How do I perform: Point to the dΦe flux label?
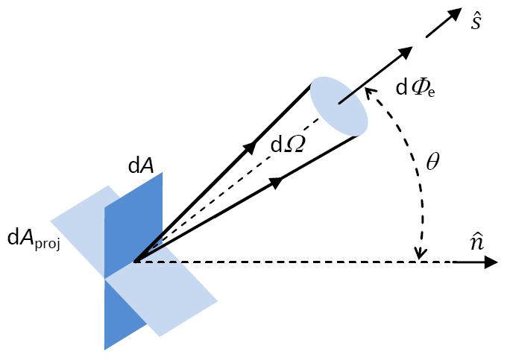click(x=415, y=89)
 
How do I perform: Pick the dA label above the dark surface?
click(x=141, y=166)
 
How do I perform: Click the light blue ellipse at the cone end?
click(x=338, y=105)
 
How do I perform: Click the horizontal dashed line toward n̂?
click(x=298, y=262)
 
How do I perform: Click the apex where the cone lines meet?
click(x=135, y=262)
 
